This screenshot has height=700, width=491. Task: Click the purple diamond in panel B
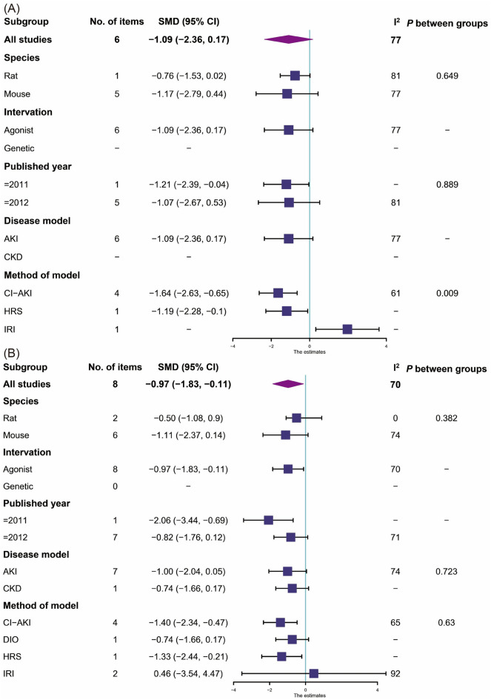pos(288,383)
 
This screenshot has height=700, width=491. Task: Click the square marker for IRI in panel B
pos(313,673)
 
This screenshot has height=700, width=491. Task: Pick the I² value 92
pos(395,673)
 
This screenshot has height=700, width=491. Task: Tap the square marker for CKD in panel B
pos(293,589)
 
